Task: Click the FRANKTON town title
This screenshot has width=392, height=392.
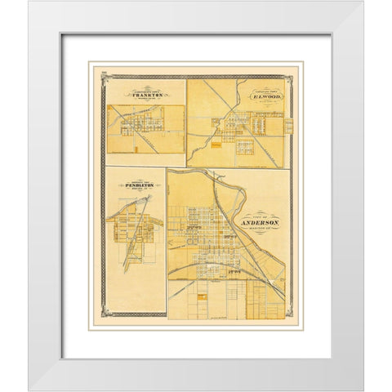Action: click(146, 95)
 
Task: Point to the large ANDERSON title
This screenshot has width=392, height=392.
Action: click(261, 222)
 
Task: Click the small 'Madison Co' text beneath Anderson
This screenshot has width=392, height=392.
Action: click(261, 229)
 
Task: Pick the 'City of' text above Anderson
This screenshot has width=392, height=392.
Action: click(261, 215)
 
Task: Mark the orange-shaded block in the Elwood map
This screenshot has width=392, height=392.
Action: click(216, 148)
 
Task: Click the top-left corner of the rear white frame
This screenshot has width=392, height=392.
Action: click(29, 2)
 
